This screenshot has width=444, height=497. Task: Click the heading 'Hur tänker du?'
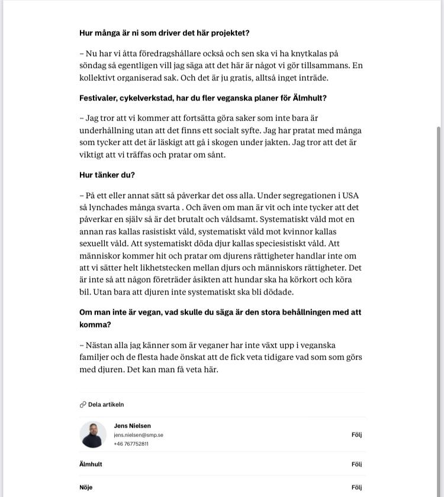[x=107, y=175]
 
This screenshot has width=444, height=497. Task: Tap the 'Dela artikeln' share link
[x=105, y=405]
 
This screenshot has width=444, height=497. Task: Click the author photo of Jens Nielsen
[x=93, y=435]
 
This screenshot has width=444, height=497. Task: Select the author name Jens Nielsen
[x=132, y=426]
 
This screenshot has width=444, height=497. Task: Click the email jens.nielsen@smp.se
[x=139, y=435]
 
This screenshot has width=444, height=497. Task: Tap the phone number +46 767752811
[x=131, y=444]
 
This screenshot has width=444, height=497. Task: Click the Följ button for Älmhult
[x=356, y=464]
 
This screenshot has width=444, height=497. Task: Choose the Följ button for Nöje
[x=356, y=488]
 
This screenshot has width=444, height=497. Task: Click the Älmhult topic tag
[x=91, y=464]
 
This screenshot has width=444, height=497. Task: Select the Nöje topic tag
[x=86, y=488]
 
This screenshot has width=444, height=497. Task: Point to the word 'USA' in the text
[x=350, y=195]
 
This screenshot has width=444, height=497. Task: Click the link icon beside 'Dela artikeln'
[x=83, y=405]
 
